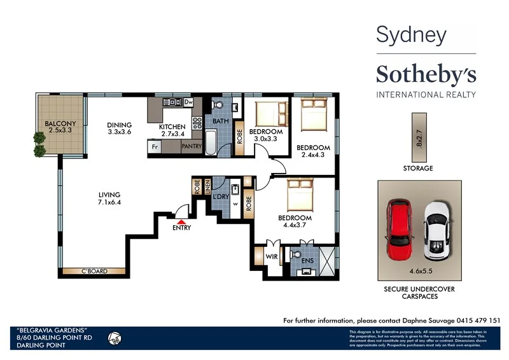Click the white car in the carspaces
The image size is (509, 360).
coord(437,230)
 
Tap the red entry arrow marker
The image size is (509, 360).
coord(181,219)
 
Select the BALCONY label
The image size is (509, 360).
coord(60,123)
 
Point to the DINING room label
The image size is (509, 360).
coord(120,125)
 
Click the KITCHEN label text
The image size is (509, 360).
coord(172,127)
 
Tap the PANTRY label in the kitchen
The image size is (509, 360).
coord(192,146)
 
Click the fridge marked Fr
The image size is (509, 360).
coord(154,146)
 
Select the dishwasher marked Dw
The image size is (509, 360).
coord(188,102)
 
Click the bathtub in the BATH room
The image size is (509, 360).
coord(211,141)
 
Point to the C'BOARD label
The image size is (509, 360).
coord(94,272)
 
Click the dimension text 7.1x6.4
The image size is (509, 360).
coord(109,203)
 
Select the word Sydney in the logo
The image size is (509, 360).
coord(411,35)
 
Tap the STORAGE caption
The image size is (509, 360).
coord(418,169)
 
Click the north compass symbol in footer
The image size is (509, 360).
coord(116,337)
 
